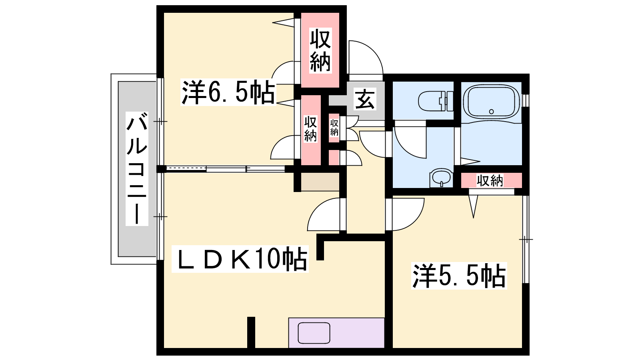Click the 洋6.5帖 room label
[x=228, y=93]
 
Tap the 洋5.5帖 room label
[x=459, y=276]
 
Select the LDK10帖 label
[x=240, y=259]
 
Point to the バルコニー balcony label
[x=137, y=168]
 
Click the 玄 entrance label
[x=364, y=99]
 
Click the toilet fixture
[x=436, y=101]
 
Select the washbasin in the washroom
[x=442, y=178]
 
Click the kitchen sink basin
[x=314, y=333]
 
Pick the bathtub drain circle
[x=492, y=112]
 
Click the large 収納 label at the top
[x=320, y=50]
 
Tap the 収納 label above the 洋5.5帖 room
[x=490, y=180]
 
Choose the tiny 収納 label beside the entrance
[x=334, y=128]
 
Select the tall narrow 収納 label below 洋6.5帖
[x=310, y=129]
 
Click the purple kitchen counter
[x=336, y=333]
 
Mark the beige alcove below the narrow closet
[x=320, y=182]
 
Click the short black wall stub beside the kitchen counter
[x=251, y=332]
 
